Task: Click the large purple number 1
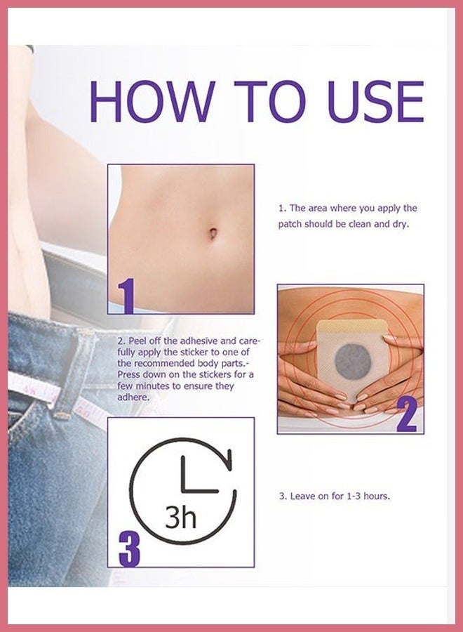[125, 296]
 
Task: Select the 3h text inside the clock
[180, 518]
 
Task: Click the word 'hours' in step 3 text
[377, 496]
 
